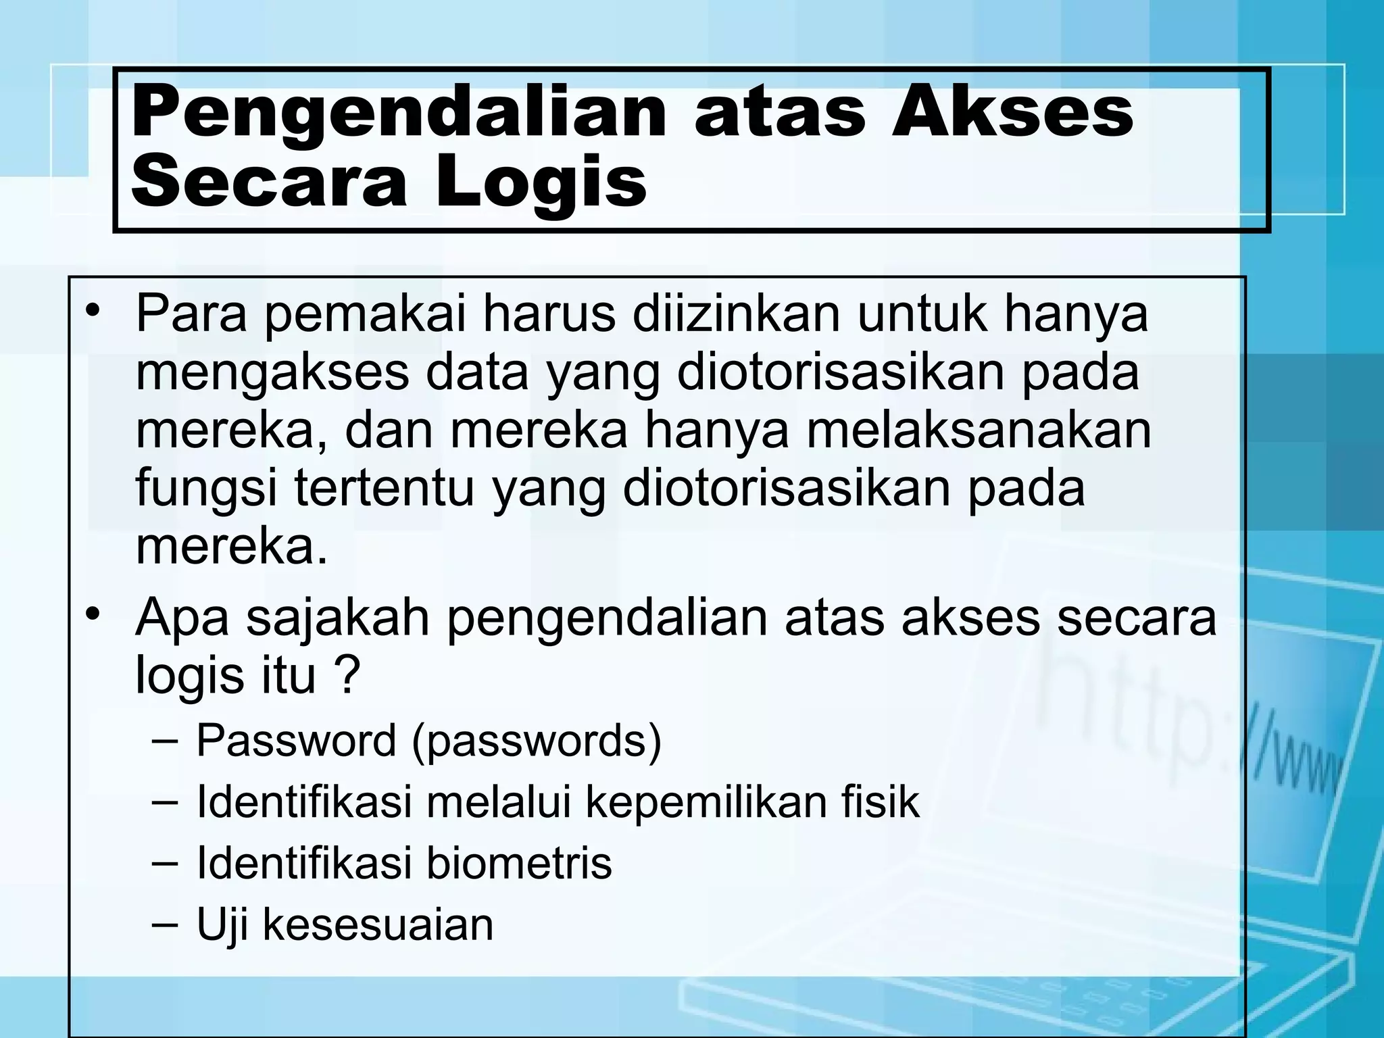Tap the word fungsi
pyautogui.click(x=206, y=489)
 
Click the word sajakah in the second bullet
pyautogui.click(x=338, y=617)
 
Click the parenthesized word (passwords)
pyautogui.click(x=537, y=742)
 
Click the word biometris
pyautogui.click(x=519, y=863)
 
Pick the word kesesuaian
pyautogui.click(x=378, y=924)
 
